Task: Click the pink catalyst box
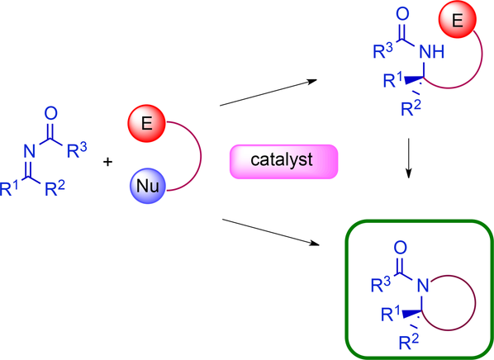pos(283,162)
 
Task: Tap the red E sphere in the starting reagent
pos(146,123)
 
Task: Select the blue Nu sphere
pos(148,186)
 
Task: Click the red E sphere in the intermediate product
pos(457,20)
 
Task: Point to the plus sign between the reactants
pos(107,162)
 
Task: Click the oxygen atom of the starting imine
pos(50,113)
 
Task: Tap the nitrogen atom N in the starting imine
pos(29,151)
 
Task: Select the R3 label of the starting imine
pos(77,150)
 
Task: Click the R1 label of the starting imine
pos(9,189)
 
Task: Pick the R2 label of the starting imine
pos(55,188)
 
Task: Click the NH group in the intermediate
pos(431,51)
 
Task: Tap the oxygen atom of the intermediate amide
pos(402,14)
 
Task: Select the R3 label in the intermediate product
pos(383,51)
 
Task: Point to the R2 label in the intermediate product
pos(411,109)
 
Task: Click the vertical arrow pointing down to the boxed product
pos(409,158)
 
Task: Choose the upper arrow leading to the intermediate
pos(268,93)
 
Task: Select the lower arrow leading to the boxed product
pos(271,232)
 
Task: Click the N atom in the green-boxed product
pos(423,286)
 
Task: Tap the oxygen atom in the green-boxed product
pos(400,248)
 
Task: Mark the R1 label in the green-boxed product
pos(391,314)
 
